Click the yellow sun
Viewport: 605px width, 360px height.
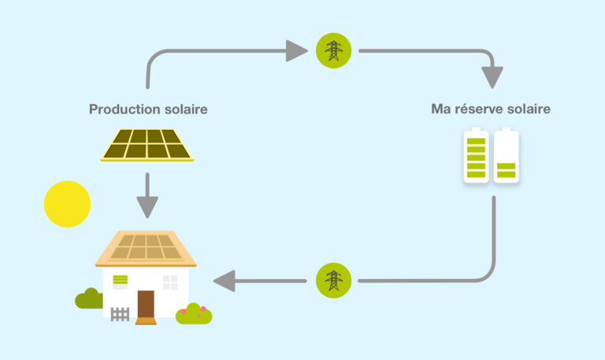pyautogui.click(x=67, y=204)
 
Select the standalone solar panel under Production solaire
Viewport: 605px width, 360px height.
pyautogui.click(x=147, y=144)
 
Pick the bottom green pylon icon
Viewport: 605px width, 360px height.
pyautogui.click(x=334, y=280)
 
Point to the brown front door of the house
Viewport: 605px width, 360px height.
pyautogui.click(x=146, y=303)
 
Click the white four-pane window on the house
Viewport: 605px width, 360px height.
pyautogui.click(x=170, y=282)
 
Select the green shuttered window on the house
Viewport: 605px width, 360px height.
pyautogui.click(x=121, y=281)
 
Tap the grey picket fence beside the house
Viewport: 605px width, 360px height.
pyautogui.click(x=120, y=314)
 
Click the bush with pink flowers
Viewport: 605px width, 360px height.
pyautogui.click(x=194, y=314)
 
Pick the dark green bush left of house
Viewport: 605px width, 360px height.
pyautogui.click(x=88, y=299)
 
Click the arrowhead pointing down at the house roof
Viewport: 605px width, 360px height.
pyautogui.click(x=147, y=208)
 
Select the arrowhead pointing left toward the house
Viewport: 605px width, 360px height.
pyautogui.click(x=225, y=280)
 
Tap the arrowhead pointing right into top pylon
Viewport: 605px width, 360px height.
pyautogui.click(x=296, y=52)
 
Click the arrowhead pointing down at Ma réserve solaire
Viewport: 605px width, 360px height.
pyautogui.click(x=492, y=78)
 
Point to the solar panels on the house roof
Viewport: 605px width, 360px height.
pyautogui.click(x=146, y=247)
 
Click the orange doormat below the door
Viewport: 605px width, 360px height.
pyautogui.click(x=146, y=321)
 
